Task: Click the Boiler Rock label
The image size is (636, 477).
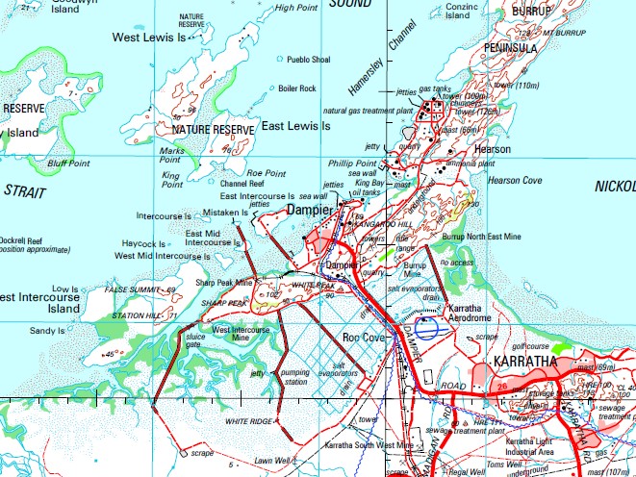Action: coord(297,88)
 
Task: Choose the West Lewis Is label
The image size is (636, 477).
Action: coord(148,37)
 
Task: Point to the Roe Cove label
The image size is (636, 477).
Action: coord(364,338)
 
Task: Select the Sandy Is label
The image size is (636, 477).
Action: coord(47,330)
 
